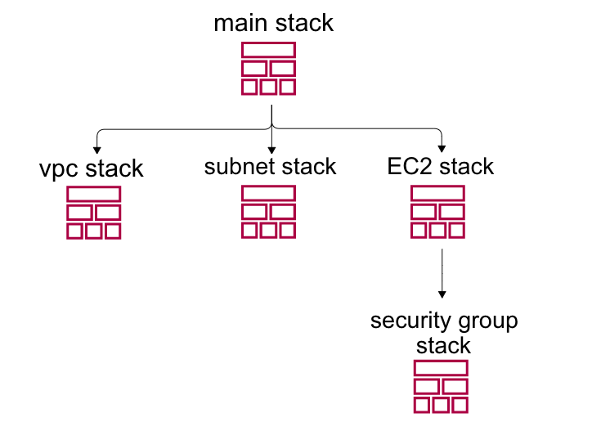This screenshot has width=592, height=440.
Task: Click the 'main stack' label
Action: tap(273, 23)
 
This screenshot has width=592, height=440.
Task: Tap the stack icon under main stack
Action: tap(268, 69)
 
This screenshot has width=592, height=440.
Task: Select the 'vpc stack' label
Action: tap(91, 169)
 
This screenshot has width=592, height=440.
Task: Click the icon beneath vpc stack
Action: tap(93, 213)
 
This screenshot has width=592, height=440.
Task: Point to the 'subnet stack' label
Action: tap(270, 167)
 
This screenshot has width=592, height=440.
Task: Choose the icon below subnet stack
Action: tap(268, 212)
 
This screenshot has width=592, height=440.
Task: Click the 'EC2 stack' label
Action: tap(441, 167)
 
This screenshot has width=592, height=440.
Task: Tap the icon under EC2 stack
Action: tap(437, 212)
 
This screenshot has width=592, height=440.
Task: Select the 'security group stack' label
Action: tap(444, 331)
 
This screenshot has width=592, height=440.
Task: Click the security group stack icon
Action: tap(441, 386)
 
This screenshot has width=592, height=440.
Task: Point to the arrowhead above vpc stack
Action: tap(98, 150)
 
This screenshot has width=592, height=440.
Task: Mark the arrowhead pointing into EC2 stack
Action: tap(442, 149)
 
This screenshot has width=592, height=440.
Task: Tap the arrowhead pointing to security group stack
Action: tap(442, 294)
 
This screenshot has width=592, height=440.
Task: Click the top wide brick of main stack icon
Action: tap(268, 51)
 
